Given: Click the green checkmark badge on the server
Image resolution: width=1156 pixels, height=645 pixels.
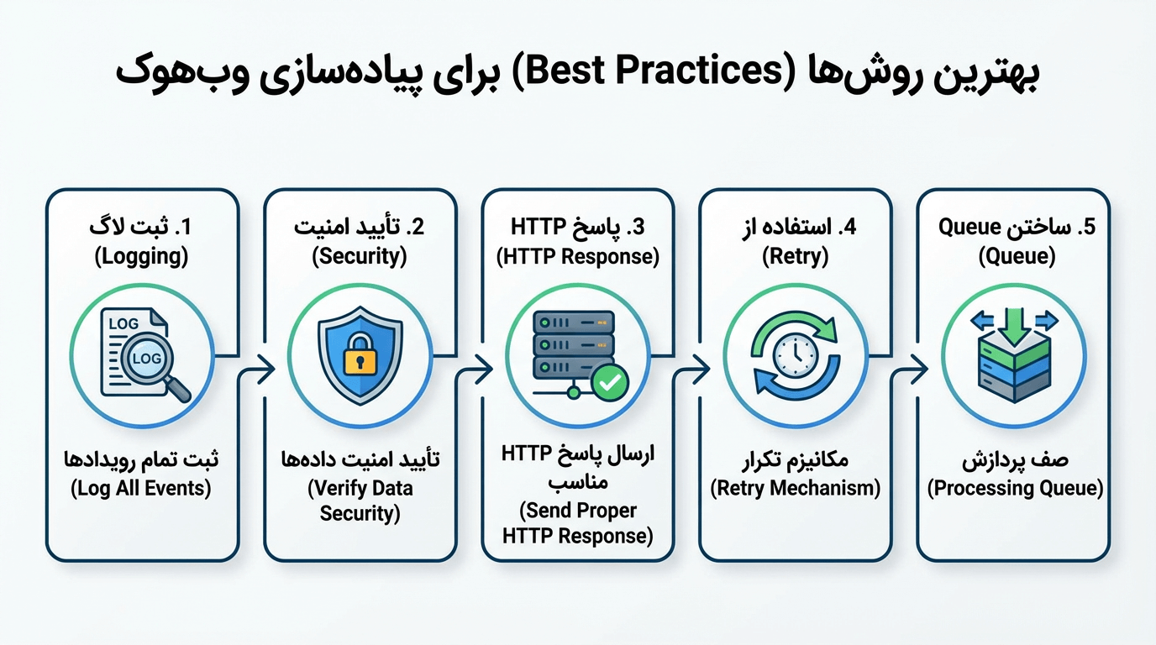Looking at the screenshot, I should (x=609, y=383).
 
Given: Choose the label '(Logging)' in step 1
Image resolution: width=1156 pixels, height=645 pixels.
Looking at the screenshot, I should (x=141, y=256).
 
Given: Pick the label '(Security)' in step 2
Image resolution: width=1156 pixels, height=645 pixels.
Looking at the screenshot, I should (x=360, y=256).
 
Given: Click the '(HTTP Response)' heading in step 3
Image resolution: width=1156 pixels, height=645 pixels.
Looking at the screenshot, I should (x=578, y=256).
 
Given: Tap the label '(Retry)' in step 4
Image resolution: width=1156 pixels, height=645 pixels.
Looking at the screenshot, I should (x=795, y=256).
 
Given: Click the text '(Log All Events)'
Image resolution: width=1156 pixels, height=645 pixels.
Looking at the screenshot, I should (x=141, y=488).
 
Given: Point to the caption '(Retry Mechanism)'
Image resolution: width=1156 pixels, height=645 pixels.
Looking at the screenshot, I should (x=795, y=488).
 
